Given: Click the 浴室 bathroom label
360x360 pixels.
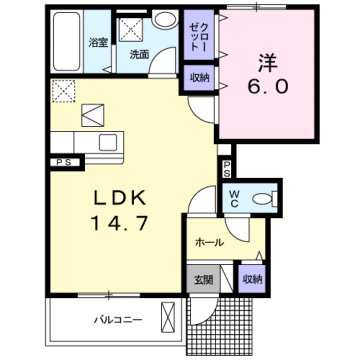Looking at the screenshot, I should tap(98, 44).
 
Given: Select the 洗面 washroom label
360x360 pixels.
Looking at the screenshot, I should tap(140, 54).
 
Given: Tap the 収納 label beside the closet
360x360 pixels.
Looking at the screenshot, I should tap(198, 77).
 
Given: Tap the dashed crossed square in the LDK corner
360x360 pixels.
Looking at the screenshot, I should tap(63, 91).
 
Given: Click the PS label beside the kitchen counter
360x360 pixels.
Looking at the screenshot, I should tap(63, 162).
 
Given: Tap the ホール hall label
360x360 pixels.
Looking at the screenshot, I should tap(208, 242).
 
